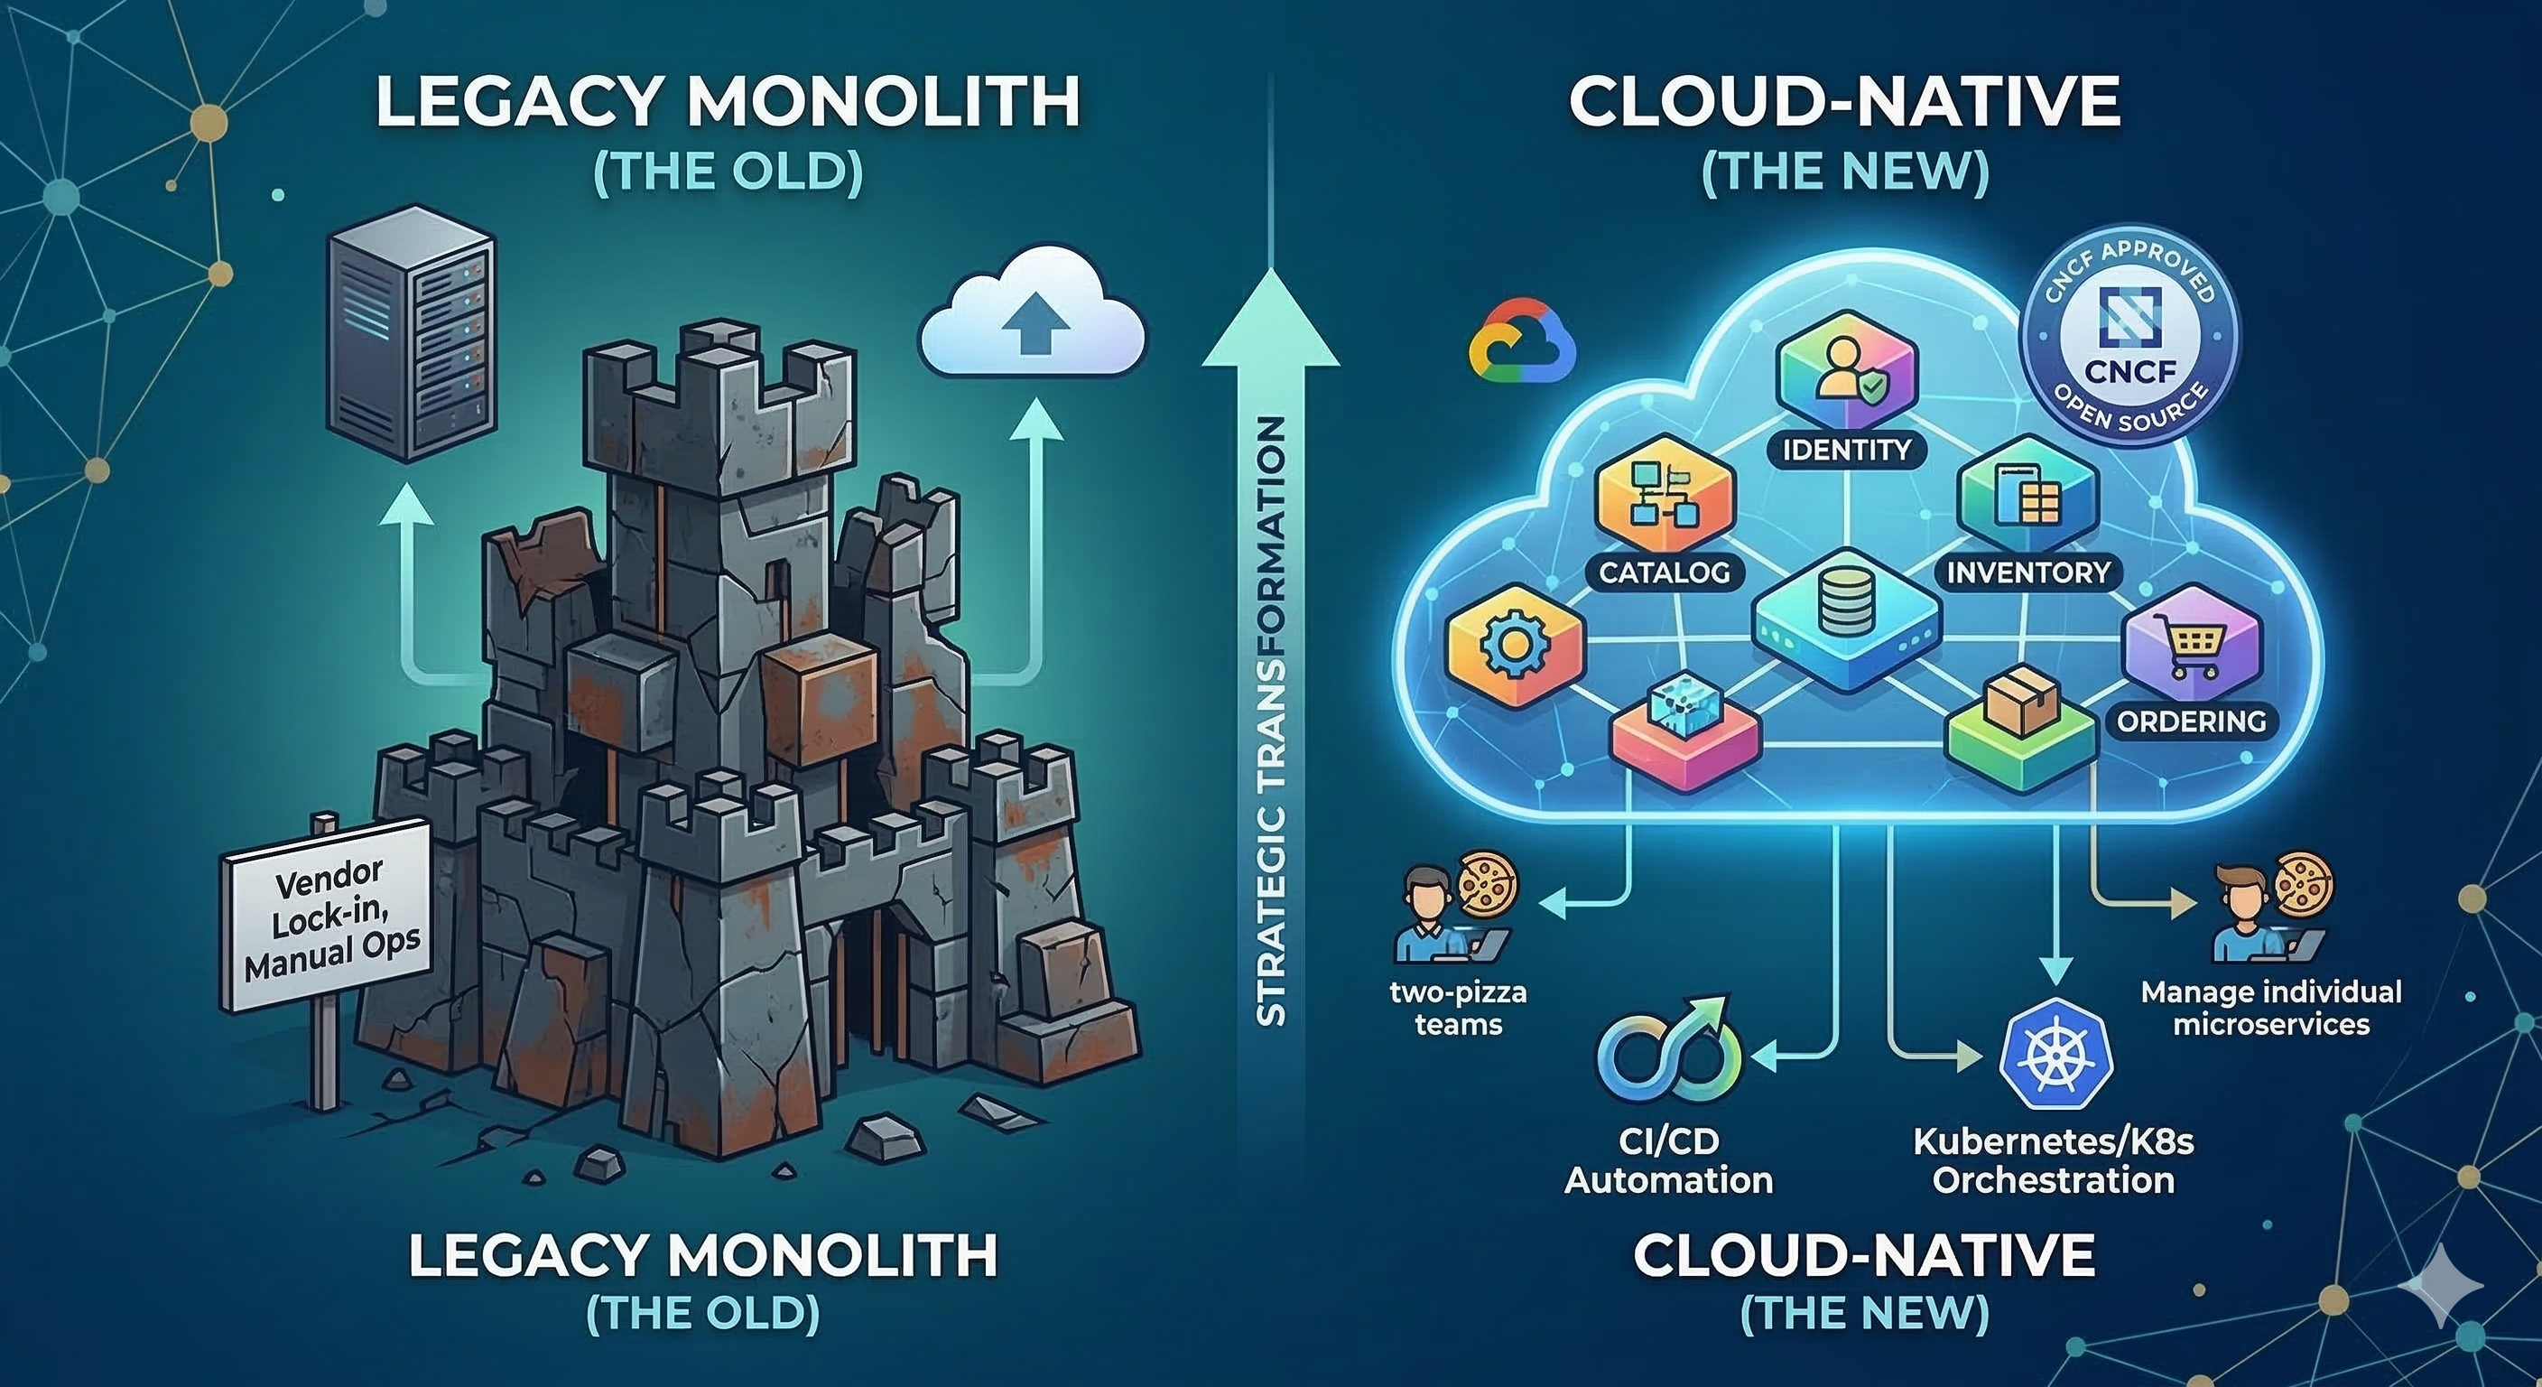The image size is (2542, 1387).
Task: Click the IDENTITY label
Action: pyautogui.click(x=1846, y=451)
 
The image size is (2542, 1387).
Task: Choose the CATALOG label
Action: pyautogui.click(x=1664, y=572)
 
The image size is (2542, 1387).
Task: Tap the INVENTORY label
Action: pyautogui.click(x=2027, y=572)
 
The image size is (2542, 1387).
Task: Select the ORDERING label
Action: pyautogui.click(x=2191, y=721)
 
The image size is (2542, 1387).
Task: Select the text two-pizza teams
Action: pyautogui.click(x=1459, y=1008)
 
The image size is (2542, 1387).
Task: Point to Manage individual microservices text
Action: pyautogui.click(x=2270, y=1008)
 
